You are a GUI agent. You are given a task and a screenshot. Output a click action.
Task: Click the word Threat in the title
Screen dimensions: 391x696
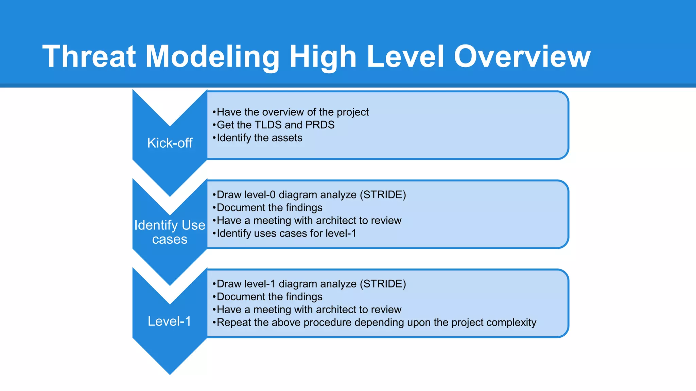pyautogui.click(x=89, y=57)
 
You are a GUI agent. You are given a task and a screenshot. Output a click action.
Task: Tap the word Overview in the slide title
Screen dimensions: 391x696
pyautogui.click(x=522, y=57)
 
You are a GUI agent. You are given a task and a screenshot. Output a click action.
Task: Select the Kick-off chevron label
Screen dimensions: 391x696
pyautogui.click(x=170, y=143)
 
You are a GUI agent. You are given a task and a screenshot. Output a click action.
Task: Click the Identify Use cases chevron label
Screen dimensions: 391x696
pyautogui.click(x=170, y=232)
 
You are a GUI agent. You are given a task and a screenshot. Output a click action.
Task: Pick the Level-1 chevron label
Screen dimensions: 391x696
pyautogui.click(x=170, y=321)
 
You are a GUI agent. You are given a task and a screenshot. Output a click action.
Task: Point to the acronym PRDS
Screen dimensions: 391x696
pyautogui.click(x=320, y=125)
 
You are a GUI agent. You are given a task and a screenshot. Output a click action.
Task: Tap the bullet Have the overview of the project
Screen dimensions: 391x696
pyautogui.click(x=291, y=112)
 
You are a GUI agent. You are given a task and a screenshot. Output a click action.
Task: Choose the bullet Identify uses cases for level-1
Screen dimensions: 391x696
pyautogui.click(x=285, y=234)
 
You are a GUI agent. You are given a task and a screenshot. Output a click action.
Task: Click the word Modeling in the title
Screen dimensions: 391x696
pyautogui.click(x=212, y=57)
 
